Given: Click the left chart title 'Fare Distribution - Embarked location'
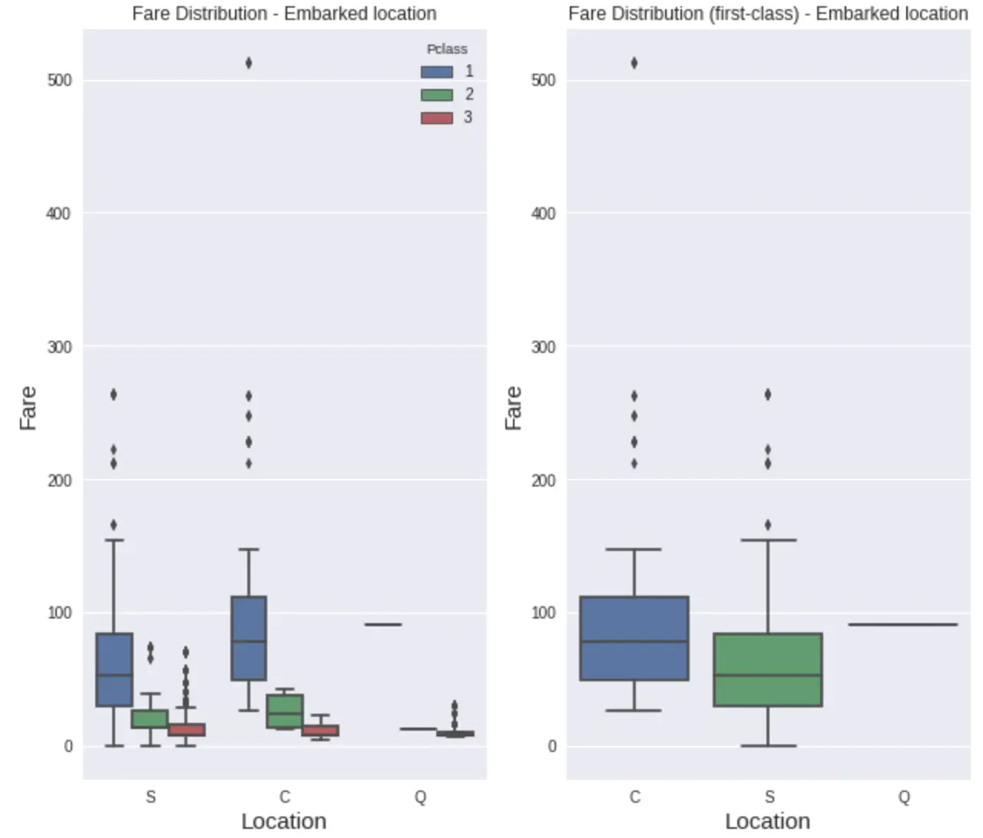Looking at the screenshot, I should click(284, 13).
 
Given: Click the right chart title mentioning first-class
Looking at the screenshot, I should click(768, 13).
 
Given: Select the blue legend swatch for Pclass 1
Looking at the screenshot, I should click(436, 72).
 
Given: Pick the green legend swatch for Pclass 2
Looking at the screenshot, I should click(436, 95).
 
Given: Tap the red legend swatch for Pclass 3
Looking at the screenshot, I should click(436, 118).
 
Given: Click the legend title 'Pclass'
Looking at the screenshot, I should click(447, 49).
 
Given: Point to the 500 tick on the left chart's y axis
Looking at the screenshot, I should click(59, 80).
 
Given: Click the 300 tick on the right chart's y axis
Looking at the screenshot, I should click(543, 347).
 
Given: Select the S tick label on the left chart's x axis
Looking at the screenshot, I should click(151, 797).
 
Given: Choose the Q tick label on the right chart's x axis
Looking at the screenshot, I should click(904, 797).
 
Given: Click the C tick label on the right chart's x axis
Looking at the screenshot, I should click(634, 797).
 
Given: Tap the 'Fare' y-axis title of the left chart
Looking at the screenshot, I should click(28, 408).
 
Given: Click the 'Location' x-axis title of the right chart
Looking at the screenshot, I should click(767, 821).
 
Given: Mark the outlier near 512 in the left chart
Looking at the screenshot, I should click(249, 63).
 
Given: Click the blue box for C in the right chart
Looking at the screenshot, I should click(634, 638).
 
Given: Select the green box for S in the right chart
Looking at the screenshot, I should click(768, 669).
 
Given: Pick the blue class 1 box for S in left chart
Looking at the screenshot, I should click(114, 669).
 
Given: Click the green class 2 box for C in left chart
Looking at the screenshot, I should click(285, 711).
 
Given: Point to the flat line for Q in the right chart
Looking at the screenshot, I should click(903, 625).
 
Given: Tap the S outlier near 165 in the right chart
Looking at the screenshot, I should click(768, 525).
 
